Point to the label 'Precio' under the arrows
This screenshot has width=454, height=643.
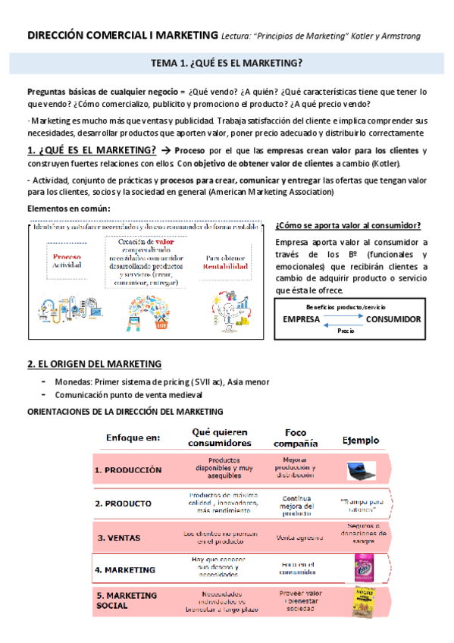(x=346, y=331)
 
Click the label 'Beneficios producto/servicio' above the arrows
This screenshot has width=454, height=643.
(x=346, y=306)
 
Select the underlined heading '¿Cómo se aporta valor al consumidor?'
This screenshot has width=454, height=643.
(x=349, y=225)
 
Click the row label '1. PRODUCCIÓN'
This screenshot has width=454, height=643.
(x=128, y=470)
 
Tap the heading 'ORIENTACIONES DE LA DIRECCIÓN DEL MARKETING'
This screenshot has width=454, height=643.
(x=125, y=412)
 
